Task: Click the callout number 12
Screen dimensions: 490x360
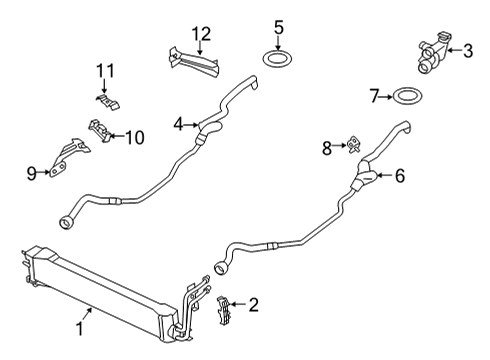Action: (x=201, y=34)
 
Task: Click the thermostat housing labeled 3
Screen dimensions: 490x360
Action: (x=433, y=53)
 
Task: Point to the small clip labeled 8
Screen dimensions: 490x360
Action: (x=354, y=144)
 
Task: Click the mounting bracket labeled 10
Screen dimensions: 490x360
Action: (x=99, y=130)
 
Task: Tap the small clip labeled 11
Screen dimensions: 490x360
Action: (x=108, y=102)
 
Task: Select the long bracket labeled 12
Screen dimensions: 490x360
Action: (x=193, y=62)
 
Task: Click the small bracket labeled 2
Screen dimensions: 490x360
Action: (x=224, y=310)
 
